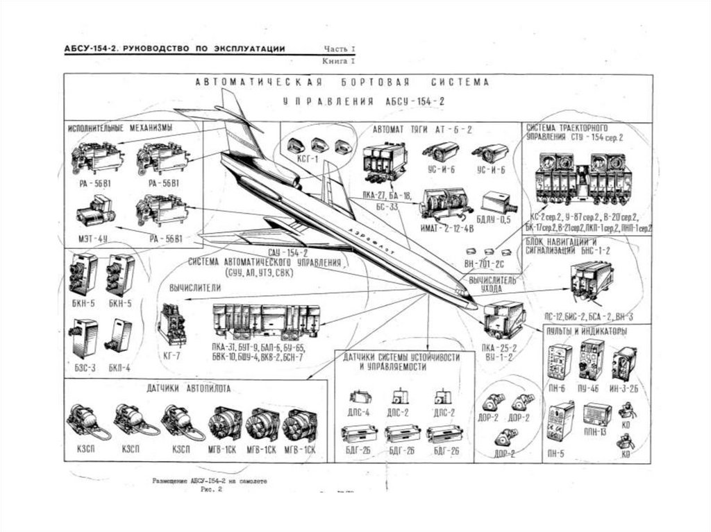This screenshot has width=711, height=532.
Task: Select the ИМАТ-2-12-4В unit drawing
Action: pos(445,202)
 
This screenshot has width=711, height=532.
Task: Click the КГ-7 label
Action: pos(171,354)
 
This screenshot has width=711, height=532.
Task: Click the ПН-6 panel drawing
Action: pos(559,361)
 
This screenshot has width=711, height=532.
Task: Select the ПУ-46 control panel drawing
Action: pos(592,359)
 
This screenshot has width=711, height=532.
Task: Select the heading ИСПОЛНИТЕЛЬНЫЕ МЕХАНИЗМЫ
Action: pos(119,129)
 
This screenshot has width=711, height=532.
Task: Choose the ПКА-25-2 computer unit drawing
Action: pos(503,320)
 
